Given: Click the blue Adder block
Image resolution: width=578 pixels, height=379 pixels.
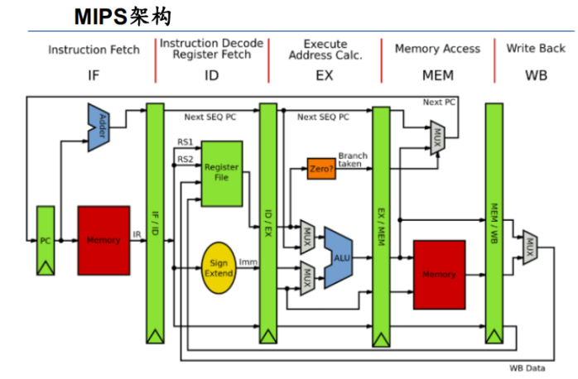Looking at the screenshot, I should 100,127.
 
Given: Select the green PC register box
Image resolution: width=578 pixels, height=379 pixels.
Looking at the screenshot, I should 46,240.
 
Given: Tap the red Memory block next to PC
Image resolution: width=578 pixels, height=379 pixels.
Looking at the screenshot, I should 104,240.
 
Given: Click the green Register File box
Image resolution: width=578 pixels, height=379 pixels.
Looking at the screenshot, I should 221,172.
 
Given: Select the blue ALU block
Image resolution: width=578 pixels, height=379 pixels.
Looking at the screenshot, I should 339,257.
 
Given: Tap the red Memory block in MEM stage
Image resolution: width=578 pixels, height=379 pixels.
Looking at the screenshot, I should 439,274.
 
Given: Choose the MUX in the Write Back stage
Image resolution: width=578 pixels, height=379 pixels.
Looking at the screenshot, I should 529,247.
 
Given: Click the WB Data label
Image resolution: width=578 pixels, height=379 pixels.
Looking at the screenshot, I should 526,368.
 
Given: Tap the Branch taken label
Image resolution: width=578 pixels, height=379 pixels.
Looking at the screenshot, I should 353,160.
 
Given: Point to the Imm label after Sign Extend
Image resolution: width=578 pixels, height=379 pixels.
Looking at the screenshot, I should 248,262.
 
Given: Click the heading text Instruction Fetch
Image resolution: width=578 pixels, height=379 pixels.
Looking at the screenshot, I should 94,50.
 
